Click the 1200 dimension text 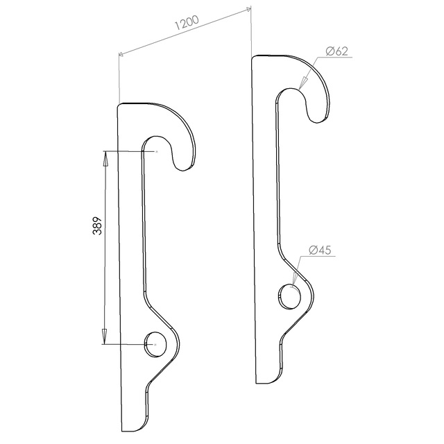(187, 22)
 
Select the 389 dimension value (97, 226)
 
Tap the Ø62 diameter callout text (336, 51)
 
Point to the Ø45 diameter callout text (320, 250)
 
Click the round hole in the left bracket (155, 344)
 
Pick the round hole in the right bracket (290, 296)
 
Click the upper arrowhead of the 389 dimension (105, 159)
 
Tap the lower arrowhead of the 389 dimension (104, 336)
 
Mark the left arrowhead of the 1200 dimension (122, 54)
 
